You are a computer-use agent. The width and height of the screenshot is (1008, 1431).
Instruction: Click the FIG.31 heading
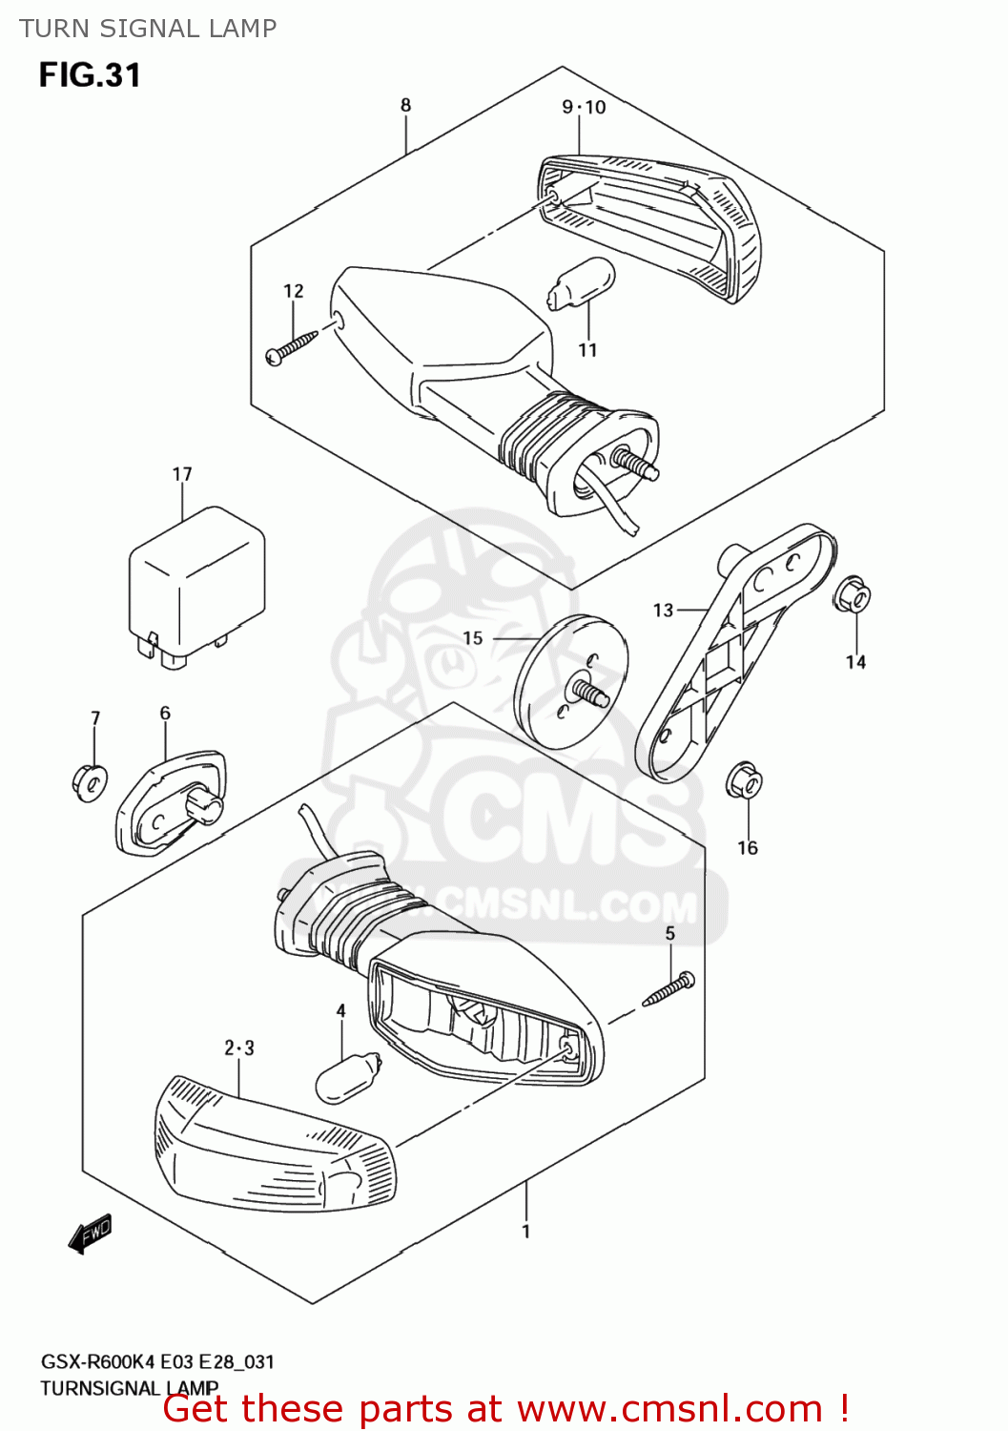tap(90, 75)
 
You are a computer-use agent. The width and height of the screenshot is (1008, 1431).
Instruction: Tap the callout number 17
tap(182, 474)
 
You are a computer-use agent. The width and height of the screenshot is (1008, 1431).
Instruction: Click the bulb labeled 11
tap(580, 284)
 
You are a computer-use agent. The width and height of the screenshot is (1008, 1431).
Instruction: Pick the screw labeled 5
tap(669, 988)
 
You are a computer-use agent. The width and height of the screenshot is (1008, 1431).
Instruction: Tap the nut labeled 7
tap(90, 781)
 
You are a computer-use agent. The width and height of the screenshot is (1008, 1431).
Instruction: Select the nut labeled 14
tap(852, 595)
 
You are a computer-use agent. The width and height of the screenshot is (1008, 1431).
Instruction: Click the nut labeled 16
tap(744, 781)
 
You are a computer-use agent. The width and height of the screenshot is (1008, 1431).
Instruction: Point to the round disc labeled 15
tap(570, 680)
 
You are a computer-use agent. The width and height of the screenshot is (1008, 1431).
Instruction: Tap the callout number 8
tap(405, 105)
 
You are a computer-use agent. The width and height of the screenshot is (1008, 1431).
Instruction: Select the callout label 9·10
tap(584, 107)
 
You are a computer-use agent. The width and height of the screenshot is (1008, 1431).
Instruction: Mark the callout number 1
tap(525, 1232)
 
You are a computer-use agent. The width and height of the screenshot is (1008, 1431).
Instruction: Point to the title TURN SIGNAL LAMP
tap(148, 29)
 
